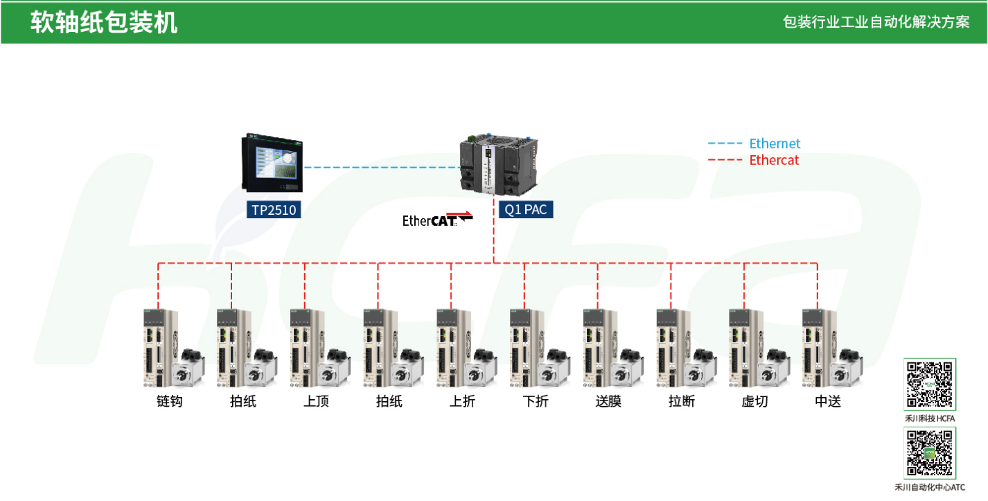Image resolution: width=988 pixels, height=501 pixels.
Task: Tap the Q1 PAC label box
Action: coord(526,210)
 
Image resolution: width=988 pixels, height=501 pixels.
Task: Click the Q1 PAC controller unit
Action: coord(499,164)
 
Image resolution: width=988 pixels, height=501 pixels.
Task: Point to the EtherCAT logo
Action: coord(437,220)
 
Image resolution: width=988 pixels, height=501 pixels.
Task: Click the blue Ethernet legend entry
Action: coord(754,143)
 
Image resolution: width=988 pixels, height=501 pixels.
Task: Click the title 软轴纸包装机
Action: coord(104,23)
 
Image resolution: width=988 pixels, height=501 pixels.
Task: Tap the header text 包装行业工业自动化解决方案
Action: coord(876,22)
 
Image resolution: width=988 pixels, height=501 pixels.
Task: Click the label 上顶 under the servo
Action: coord(317,401)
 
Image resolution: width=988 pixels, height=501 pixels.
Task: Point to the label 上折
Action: coord(463,401)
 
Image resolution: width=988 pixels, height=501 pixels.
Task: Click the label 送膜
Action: coord(609,401)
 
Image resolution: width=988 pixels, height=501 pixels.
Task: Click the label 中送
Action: coord(829,401)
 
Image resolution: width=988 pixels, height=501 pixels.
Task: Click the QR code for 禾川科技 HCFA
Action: coord(930,384)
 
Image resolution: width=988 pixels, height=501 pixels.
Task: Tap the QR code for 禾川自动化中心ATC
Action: coord(930,452)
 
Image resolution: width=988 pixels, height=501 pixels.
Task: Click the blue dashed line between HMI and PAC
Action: coord(382,168)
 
